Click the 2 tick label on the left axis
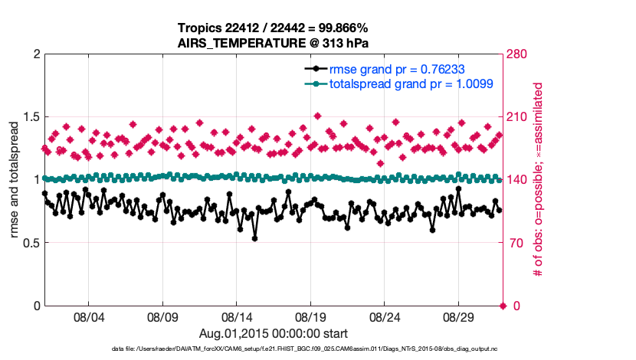click(34, 54)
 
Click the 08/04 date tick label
click(88, 316)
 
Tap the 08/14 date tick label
click(237, 316)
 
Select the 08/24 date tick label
click(385, 316)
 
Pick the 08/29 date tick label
click(460, 316)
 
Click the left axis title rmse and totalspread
click(14, 180)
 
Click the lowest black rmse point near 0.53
click(254, 238)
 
